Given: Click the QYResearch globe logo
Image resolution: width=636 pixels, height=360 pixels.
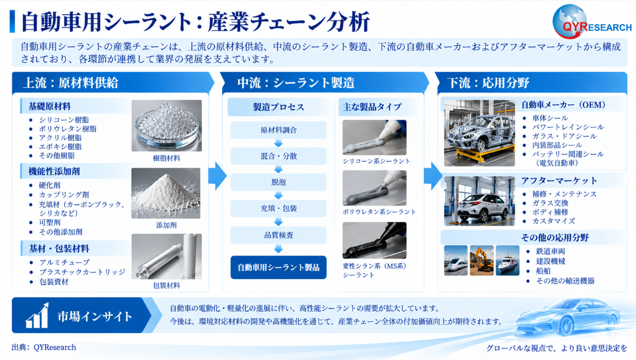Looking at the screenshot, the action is [x=569, y=22].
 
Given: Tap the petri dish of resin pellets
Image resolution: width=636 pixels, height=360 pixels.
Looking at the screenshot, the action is [x=167, y=126].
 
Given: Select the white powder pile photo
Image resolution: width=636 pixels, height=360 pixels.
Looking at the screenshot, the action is [x=166, y=193].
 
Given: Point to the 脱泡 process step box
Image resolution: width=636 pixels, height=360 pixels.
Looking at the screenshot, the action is [x=278, y=182].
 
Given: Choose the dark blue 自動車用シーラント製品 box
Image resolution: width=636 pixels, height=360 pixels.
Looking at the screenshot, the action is [x=278, y=267].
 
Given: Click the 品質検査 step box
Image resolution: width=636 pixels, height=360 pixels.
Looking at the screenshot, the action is [x=278, y=235].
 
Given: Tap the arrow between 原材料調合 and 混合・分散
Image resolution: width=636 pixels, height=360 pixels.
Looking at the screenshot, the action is [x=278, y=143].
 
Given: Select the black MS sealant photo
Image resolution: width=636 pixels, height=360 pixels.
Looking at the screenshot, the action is [x=375, y=240].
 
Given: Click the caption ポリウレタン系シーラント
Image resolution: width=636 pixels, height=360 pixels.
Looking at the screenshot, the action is [x=379, y=211].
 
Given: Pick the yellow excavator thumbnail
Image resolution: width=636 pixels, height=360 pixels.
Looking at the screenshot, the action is [x=482, y=261].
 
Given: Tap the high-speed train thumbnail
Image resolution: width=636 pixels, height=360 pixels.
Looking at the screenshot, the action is [x=456, y=261].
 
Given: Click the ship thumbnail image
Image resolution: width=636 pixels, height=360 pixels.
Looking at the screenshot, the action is [x=508, y=261].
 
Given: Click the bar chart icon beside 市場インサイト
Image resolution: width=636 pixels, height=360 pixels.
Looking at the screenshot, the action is [x=37, y=316].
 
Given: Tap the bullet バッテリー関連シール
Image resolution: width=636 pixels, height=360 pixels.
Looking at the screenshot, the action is [x=568, y=154].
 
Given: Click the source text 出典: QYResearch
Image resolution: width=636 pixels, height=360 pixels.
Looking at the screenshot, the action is [x=44, y=347].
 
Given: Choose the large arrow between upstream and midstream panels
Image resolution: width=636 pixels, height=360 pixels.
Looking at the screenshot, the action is [x=217, y=176].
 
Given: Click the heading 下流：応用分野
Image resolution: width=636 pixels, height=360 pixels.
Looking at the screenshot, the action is [x=488, y=83].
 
